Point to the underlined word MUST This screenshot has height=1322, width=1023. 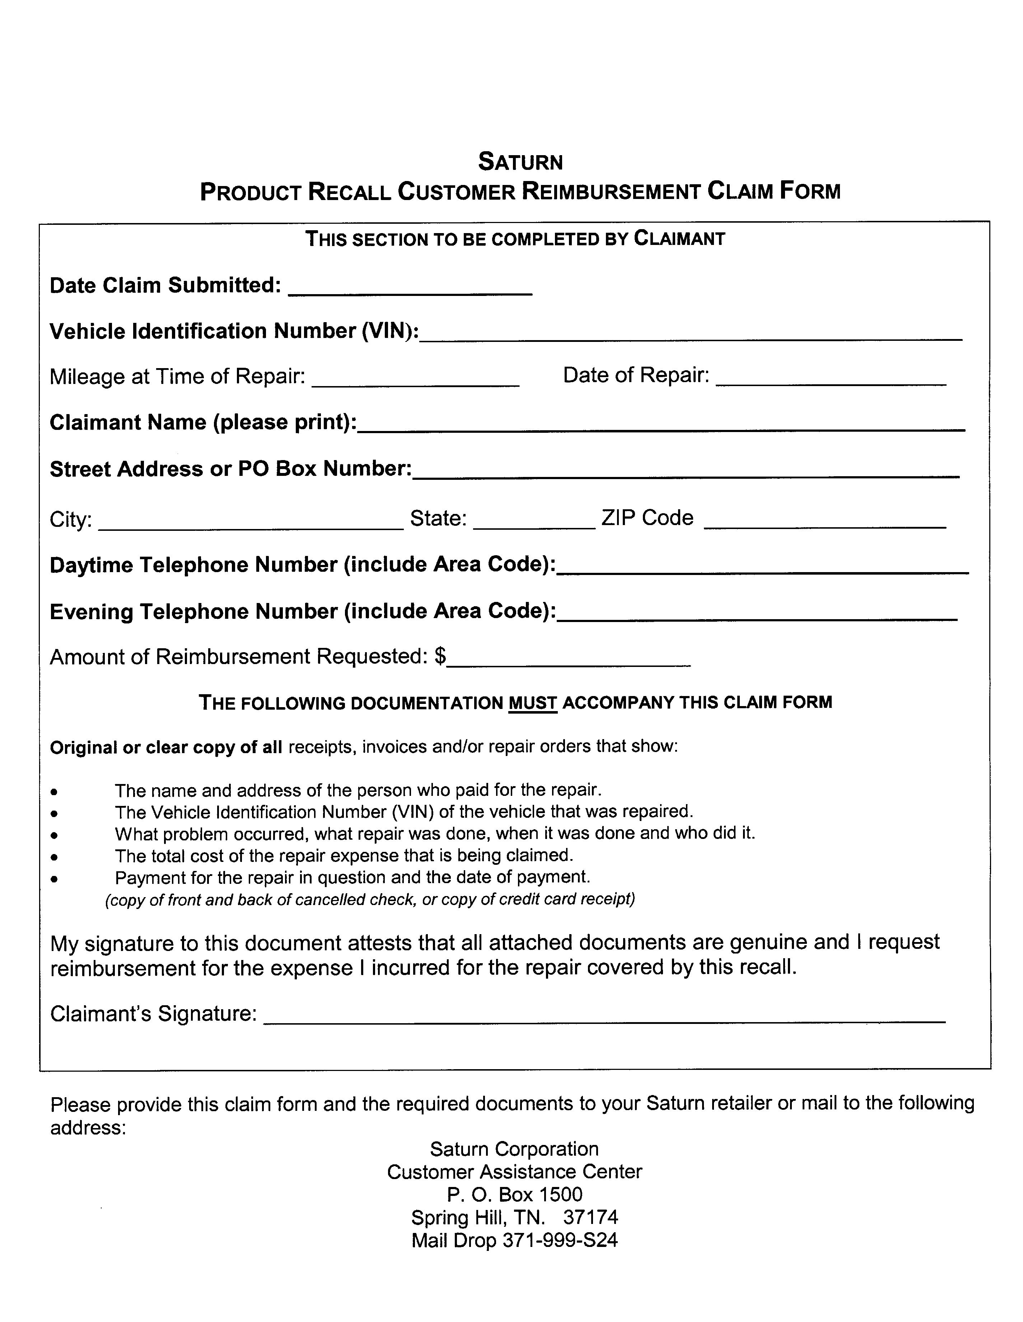point(532,703)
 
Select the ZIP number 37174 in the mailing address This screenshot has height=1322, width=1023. point(590,1217)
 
